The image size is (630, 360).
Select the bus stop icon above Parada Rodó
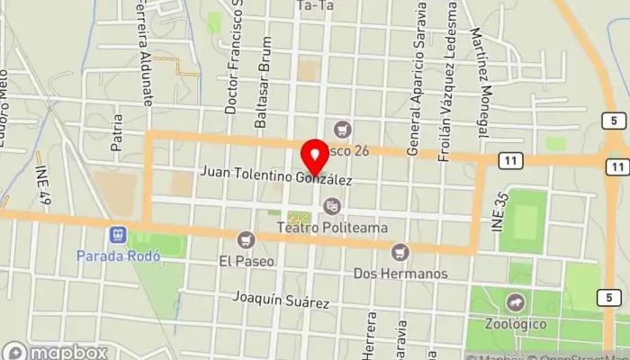click(117, 235)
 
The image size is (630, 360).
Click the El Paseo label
click(245, 263)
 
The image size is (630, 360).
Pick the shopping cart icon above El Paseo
click(245, 240)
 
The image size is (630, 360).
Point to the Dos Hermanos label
click(400, 273)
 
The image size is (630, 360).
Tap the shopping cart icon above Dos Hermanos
click(400, 251)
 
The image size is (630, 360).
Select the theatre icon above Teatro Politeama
click(333, 207)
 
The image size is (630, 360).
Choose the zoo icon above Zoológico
click(515, 301)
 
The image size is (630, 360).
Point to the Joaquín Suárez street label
click(280, 299)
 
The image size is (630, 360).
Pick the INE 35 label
click(499, 216)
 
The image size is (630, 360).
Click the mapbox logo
click(56, 352)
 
